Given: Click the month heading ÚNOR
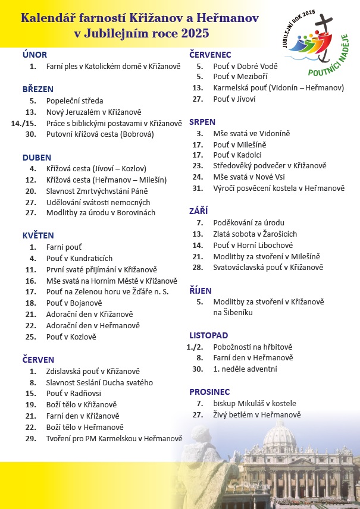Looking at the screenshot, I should tap(35, 55).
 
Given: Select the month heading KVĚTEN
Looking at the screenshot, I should tap(38, 235).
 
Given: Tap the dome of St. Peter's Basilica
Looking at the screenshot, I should tap(279, 437).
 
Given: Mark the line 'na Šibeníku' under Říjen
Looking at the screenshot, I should tap(233, 312).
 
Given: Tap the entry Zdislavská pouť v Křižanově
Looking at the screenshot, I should tap(93, 371).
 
